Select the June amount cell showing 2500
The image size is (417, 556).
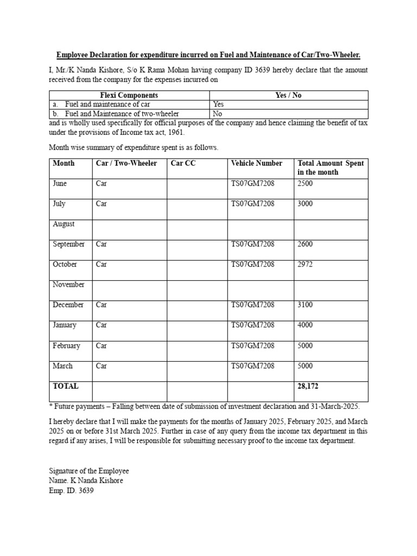[305, 184]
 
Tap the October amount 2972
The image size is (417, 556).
[305, 264]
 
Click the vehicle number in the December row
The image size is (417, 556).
[252, 305]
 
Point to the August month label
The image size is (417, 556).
[64, 224]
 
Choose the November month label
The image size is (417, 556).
[68, 285]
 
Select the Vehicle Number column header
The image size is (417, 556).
[256, 163]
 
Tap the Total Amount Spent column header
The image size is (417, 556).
[330, 167]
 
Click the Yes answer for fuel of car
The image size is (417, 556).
[218, 104]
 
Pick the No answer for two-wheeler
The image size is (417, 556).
[217, 114]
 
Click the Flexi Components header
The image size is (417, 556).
[129, 95]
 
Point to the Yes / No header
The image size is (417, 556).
[288, 95]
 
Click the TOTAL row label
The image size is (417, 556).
[65, 386]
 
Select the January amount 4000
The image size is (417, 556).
[305, 325]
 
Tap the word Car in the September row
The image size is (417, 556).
[102, 244]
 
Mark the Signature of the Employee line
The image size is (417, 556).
[89, 471]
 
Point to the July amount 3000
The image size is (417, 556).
[305, 204]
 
